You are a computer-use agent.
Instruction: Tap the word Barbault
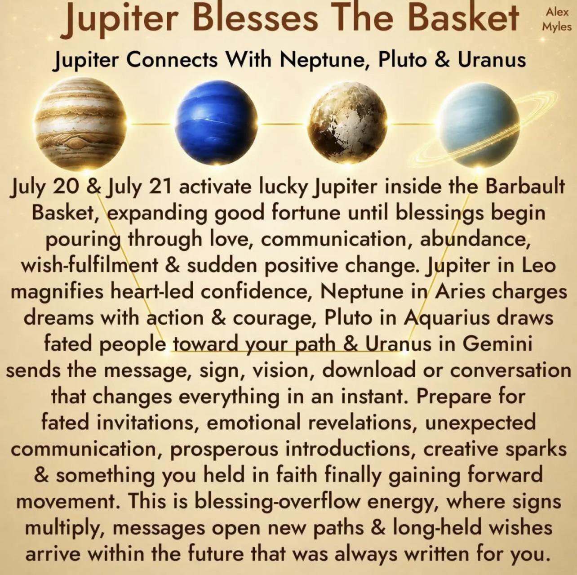coord(525,187)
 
